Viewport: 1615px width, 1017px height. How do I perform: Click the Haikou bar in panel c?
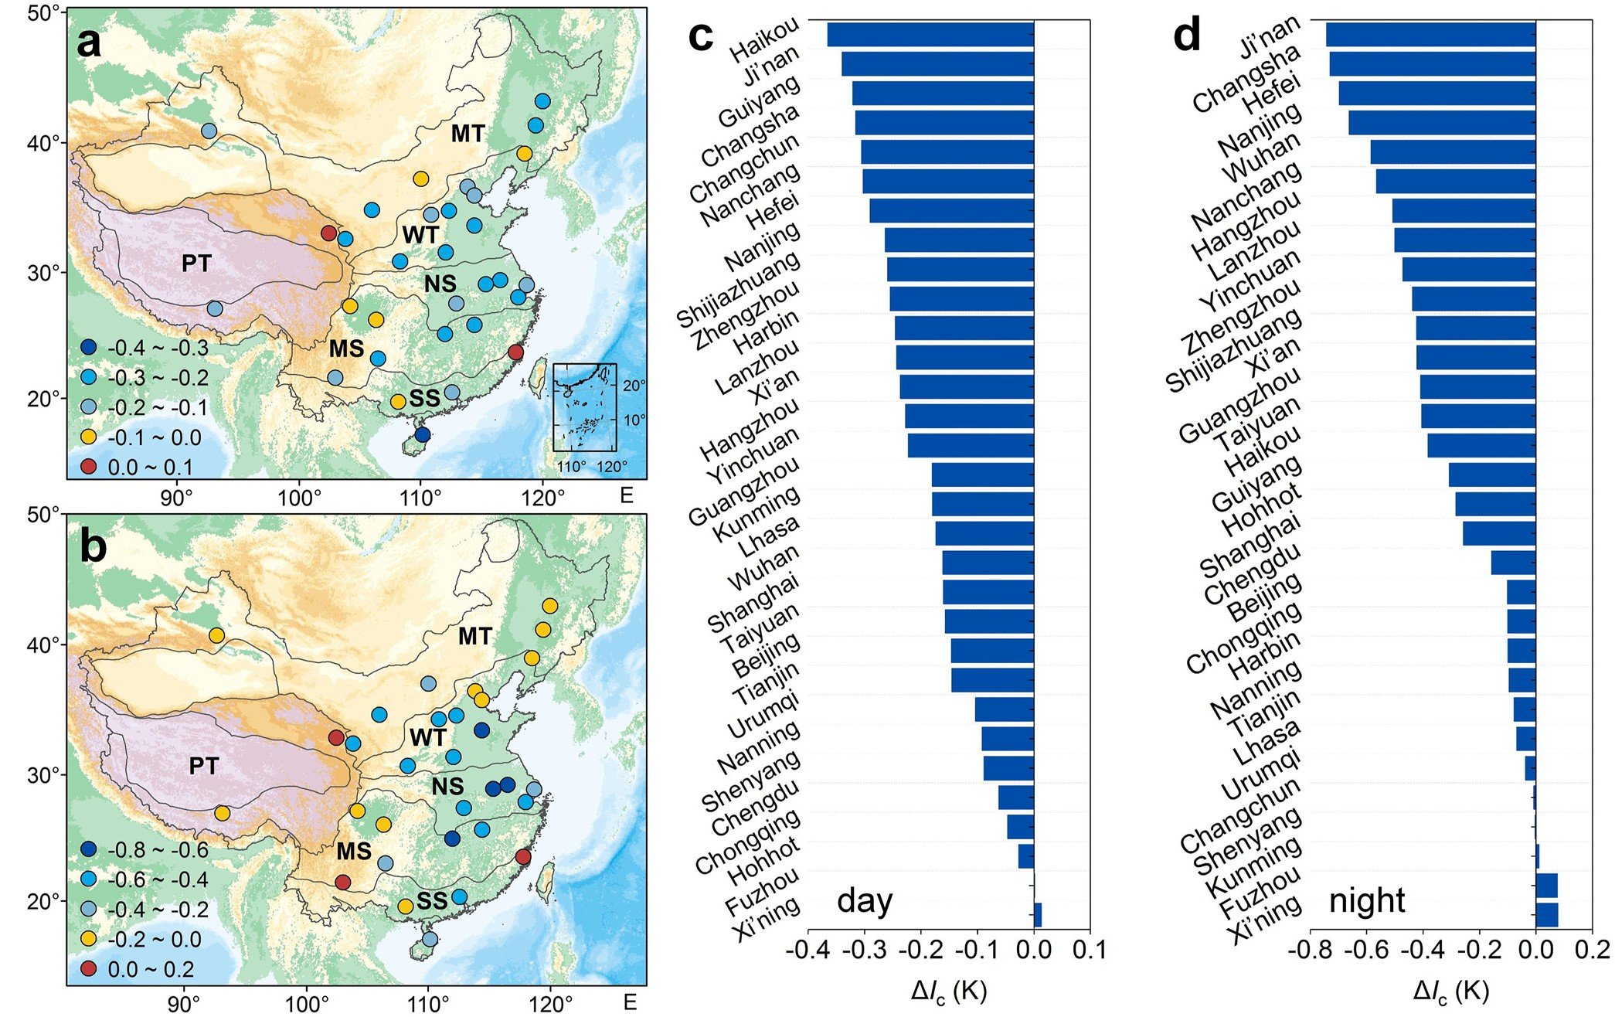pos(930,35)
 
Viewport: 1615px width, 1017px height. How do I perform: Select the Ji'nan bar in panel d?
pos(1430,35)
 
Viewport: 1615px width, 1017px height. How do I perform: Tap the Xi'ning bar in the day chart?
pos(1038,915)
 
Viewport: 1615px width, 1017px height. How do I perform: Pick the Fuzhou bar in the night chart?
pos(1546,886)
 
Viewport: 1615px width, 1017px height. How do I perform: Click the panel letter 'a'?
pos(90,43)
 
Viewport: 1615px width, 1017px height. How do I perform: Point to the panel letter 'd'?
pos(1187,36)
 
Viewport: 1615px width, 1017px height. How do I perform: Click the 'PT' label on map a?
pos(196,264)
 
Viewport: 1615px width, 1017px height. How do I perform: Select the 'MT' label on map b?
pos(474,636)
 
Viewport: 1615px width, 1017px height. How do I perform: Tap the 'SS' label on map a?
pos(424,399)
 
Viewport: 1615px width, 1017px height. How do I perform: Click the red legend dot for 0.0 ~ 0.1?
pos(89,467)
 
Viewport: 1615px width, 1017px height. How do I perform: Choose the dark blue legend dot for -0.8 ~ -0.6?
pos(89,850)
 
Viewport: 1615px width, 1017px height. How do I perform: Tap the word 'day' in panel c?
pos(865,901)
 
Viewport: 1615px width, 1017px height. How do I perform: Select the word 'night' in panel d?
pos(1366,901)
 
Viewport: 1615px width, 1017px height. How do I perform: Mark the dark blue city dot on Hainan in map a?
pos(422,434)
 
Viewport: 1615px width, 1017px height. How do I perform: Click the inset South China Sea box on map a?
pos(585,406)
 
